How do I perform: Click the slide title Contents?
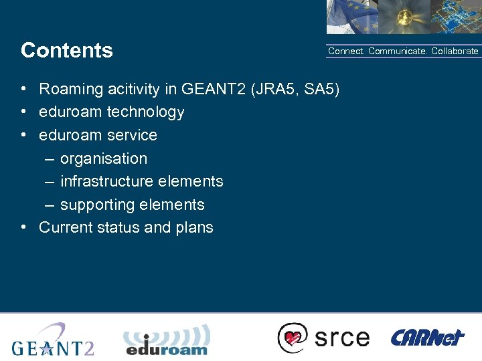point(67,51)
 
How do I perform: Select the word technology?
point(145,112)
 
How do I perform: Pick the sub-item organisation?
point(104,158)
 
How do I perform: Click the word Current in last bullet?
point(65,227)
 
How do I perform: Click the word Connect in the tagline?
point(345,51)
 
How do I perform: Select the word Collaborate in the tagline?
point(455,51)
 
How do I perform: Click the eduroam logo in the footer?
point(166,340)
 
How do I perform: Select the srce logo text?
point(341,338)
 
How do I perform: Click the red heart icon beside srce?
point(293,338)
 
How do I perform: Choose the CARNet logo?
point(427,337)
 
